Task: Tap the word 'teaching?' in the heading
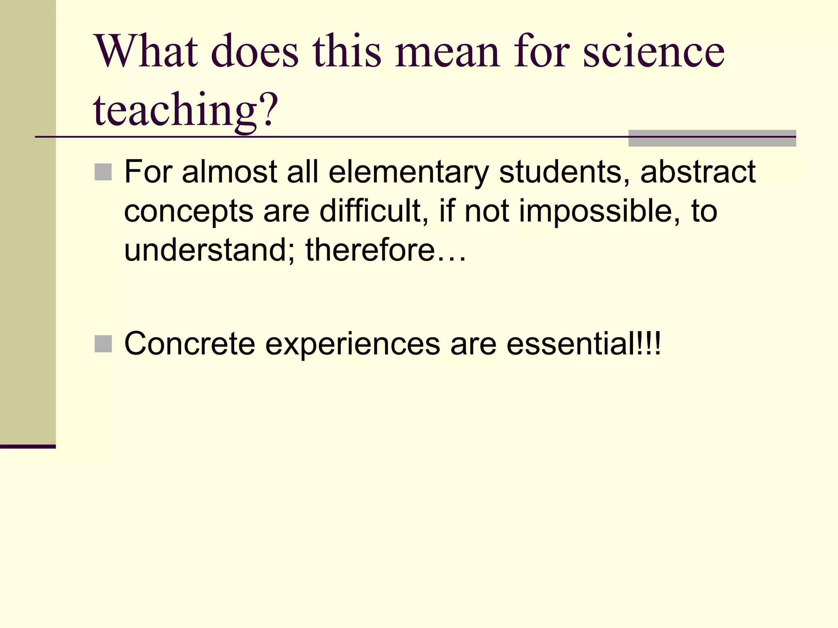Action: click(185, 110)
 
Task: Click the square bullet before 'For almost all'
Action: click(103, 172)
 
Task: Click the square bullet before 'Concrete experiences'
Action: click(103, 344)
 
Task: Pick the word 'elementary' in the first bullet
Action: click(409, 173)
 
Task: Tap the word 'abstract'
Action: click(698, 172)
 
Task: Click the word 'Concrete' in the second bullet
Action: click(190, 344)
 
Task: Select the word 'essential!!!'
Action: click(583, 344)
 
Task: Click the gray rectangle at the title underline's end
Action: click(712, 138)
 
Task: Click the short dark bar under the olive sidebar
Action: click(28, 446)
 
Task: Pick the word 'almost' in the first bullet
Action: click(230, 172)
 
